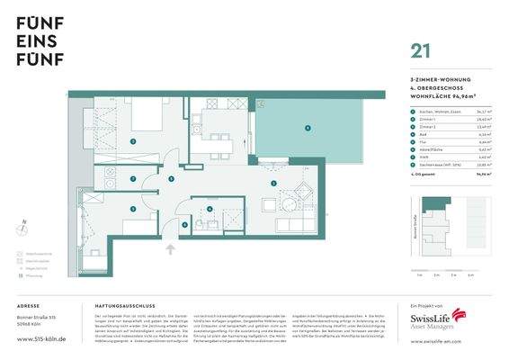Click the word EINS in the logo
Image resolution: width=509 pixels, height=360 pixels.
point(34,45)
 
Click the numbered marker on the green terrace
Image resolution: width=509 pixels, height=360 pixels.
point(307,129)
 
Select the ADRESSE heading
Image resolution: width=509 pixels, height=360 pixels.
point(29,307)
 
